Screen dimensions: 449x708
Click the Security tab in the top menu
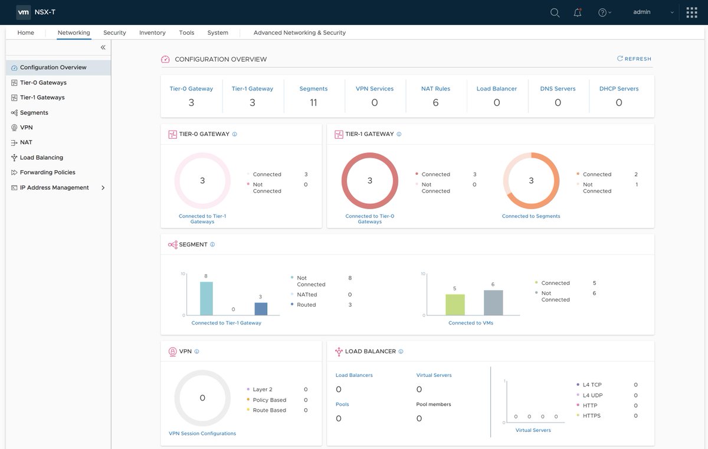coord(114,32)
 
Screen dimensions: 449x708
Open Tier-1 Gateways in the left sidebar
coord(42,97)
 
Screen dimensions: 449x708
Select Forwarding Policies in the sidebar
coord(47,173)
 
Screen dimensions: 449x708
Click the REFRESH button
coord(634,59)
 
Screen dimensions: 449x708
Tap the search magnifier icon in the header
coord(555,12)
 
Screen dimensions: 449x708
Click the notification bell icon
coord(578,12)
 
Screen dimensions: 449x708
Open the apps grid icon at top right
coord(691,12)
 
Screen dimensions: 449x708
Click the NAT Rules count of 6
coord(435,103)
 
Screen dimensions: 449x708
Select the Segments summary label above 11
coord(313,89)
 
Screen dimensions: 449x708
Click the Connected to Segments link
coord(531,216)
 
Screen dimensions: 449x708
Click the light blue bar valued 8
coord(206,298)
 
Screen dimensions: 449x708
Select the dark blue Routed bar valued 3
coord(261,308)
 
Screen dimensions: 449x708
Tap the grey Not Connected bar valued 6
coord(493,302)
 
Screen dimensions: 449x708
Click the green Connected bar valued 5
coord(455,305)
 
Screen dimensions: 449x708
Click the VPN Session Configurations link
coord(202,434)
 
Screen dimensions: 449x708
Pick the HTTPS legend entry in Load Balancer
coord(591,416)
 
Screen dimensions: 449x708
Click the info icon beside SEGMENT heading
coord(212,245)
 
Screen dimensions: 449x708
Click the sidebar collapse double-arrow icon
coord(103,47)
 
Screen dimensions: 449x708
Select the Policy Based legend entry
coord(269,400)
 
